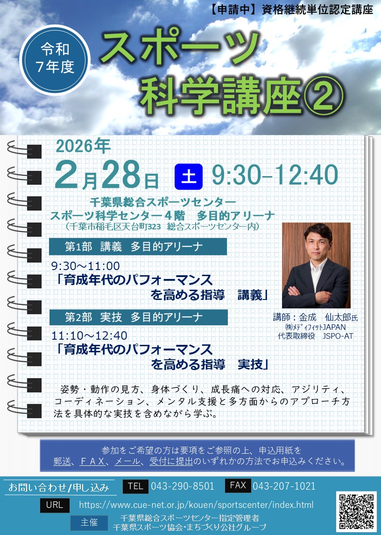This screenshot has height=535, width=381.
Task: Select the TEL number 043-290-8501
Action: (183, 486)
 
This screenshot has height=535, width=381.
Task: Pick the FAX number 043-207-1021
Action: (284, 486)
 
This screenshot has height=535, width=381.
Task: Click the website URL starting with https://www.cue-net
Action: (196, 505)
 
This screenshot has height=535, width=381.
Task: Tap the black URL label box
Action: (55, 505)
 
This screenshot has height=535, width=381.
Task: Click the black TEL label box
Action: (135, 486)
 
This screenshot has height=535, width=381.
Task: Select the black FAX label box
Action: (238, 486)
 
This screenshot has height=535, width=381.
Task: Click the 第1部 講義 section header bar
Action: (138, 246)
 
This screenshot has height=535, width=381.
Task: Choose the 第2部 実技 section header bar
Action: (138, 317)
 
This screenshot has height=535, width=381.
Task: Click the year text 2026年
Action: (83, 146)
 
